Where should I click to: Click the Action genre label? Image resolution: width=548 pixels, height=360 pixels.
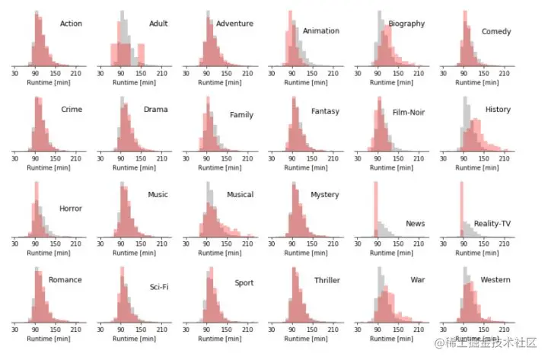point(71,24)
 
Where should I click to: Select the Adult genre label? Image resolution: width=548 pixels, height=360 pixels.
point(158,24)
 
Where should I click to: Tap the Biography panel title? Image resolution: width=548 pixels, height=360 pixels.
point(406,24)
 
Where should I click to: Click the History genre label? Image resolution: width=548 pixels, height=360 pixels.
point(498,110)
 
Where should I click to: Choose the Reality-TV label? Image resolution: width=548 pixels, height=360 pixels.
point(492,224)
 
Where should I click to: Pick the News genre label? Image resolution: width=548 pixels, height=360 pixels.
point(416,224)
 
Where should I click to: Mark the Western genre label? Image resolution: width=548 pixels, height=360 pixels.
point(495,280)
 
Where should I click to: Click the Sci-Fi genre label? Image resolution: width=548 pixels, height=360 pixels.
point(159,287)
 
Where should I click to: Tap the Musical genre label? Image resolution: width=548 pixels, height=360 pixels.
point(240,195)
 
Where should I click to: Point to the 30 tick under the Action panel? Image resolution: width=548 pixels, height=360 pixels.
point(14,74)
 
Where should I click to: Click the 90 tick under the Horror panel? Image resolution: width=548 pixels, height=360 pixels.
point(35,245)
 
